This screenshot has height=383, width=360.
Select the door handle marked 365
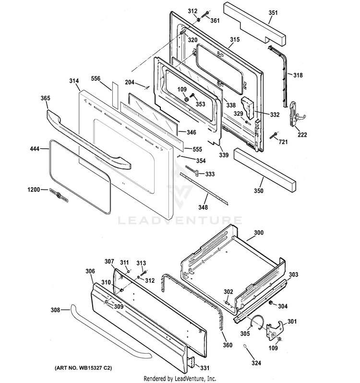point(86,139)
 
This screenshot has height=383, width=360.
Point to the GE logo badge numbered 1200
point(58,194)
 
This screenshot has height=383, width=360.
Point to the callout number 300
point(258,232)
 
